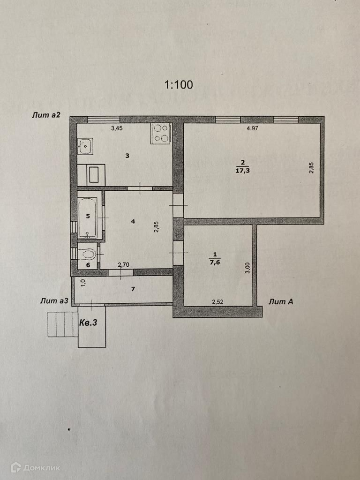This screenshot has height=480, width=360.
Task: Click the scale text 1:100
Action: click(x=178, y=85)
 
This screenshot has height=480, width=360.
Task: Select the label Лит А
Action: click(x=281, y=302)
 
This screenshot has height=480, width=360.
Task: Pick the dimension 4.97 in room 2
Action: click(x=253, y=128)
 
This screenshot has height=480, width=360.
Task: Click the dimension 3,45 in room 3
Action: click(x=116, y=128)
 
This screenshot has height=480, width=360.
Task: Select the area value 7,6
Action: click(x=215, y=263)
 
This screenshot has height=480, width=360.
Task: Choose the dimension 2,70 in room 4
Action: click(x=123, y=265)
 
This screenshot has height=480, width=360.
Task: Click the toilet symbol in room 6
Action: click(x=88, y=254)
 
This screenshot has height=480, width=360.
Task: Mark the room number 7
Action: click(x=133, y=289)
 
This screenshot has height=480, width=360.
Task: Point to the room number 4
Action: click(x=133, y=221)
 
